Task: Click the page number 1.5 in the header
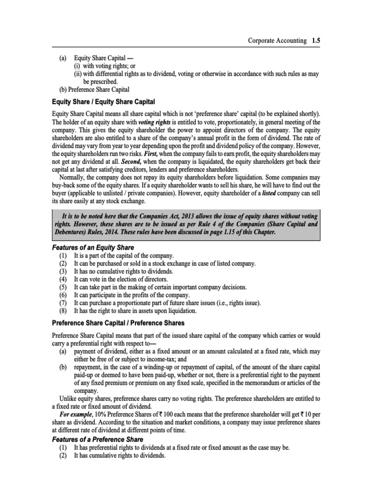pyautogui.click(x=315, y=41)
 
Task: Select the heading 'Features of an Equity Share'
pyautogui.click(x=93, y=247)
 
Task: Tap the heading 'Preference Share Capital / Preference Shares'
pyautogui.click(x=118, y=322)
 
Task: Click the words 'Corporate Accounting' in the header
pyautogui.click(x=277, y=41)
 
